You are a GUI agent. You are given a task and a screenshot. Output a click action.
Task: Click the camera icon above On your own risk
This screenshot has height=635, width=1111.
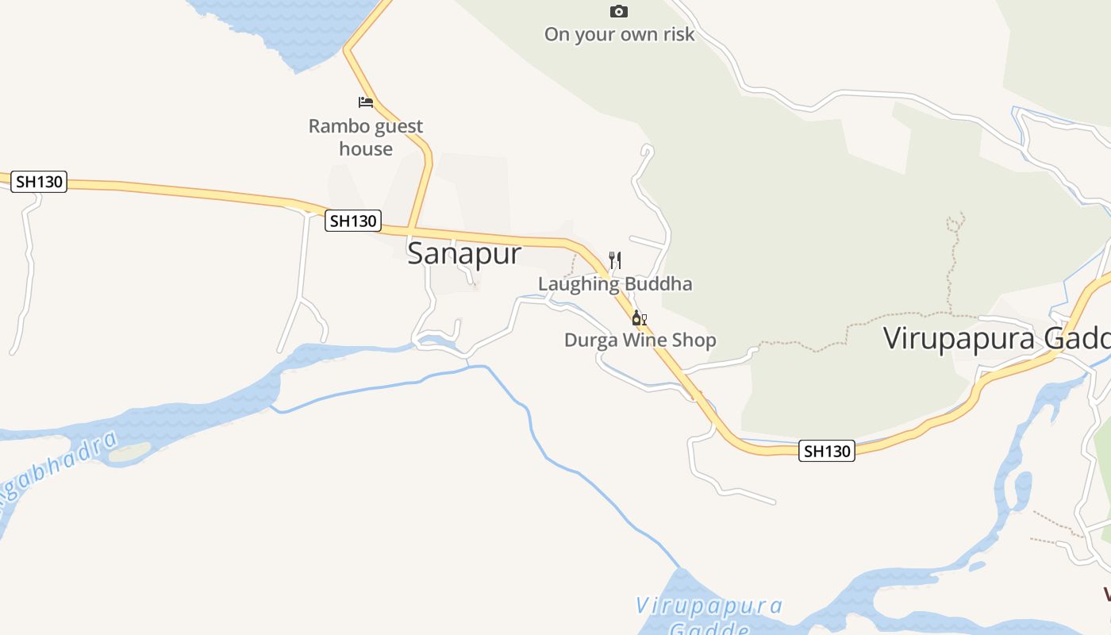pyautogui.click(x=619, y=11)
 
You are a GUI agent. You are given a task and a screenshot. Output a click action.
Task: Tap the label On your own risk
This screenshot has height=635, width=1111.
pyautogui.click(x=619, y=34)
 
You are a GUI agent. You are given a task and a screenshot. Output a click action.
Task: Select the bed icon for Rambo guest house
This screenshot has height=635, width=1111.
pyautogui.click(x=366, y=102)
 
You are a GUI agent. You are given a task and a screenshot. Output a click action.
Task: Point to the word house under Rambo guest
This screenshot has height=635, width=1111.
pyautogui.click(x=366, y=148)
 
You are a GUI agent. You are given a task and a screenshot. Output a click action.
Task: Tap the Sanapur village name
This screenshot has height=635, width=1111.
pyautogui.click(x=464, y=253)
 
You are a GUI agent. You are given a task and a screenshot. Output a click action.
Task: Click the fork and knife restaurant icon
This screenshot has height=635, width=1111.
pyautogui.click(x=614, y=260)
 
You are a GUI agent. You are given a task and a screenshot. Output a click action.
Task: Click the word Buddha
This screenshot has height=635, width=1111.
pyautogui.click(x=658, y=283)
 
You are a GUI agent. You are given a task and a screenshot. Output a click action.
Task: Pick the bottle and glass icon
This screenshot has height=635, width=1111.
pyautogui.click(x=639, y=318)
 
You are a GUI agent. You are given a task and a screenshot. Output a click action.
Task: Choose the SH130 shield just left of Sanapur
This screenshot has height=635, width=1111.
pyautogui.click(x=353, y=221)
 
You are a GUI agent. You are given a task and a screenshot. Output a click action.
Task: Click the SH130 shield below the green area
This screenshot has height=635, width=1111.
pyautogui.click(x=827, y=451)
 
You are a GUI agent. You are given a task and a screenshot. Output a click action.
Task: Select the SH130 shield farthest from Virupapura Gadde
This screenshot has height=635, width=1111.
pyautogui.click(x=39, y=181)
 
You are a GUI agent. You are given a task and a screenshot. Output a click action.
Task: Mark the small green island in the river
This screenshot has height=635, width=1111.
pyautogui.click(x=129, y=452)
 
